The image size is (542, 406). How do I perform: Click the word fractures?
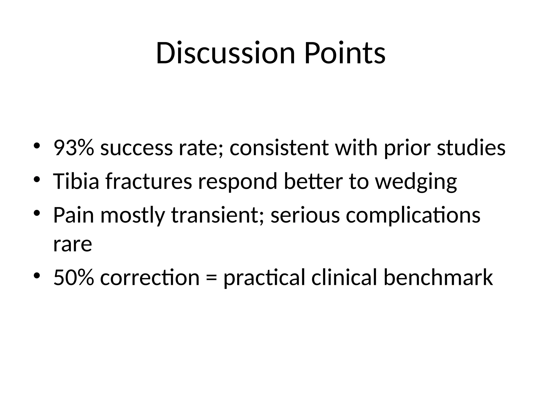tap(148, 181)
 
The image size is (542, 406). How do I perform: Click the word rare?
tap(73, 245)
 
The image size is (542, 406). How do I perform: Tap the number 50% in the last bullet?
tap(73, 278)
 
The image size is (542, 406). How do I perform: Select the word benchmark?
tap(438, 278)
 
